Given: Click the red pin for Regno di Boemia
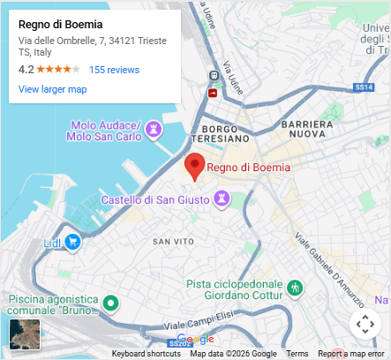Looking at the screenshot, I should [x=194, y=165].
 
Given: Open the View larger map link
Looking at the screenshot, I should [x=52, y=89].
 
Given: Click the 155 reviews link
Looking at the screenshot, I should [x=114, y=69].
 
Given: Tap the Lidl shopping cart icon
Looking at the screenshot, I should [x=73, y=241].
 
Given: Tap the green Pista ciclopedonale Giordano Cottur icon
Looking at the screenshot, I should [x=296, y=288].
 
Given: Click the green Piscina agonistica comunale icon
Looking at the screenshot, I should [x=110, y=304].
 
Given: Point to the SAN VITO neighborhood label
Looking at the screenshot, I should [x=173, y=241].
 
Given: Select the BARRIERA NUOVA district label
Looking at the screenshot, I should [x=305, y=130].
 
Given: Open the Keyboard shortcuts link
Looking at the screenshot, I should [x=146, y=354].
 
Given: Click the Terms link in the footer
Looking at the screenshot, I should [x=297, y=354].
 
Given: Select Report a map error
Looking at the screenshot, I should [x=351, y=354].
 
